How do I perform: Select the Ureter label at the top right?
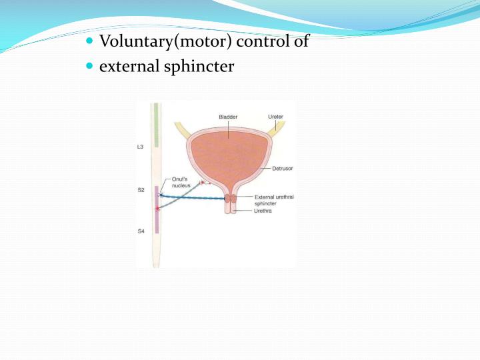pyautogui.click(x=275, y=117)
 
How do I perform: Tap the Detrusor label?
pyautogui.click(x=282, y=169)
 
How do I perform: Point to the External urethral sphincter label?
pyautogui.click(x=274, y=200)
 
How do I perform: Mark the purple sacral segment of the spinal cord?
pyautogui.click(x=157, y=210)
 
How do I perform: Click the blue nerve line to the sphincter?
pyautogui.click(x=193, y=198)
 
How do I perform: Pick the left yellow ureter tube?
pyautogui.click(x=182, y=130)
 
